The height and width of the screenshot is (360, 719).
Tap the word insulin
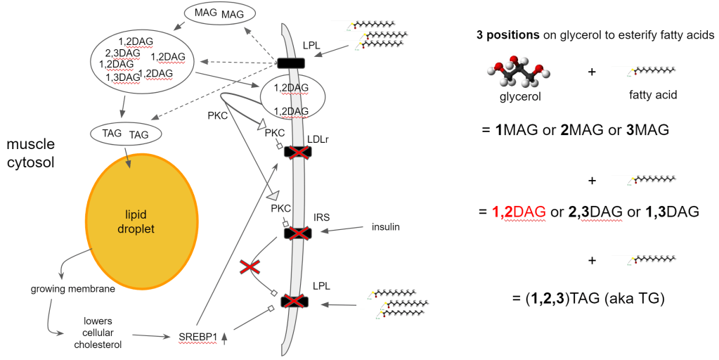point(387,226)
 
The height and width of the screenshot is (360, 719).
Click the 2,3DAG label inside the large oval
point(120,53)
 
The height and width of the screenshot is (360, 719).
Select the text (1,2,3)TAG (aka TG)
point(588,299)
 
